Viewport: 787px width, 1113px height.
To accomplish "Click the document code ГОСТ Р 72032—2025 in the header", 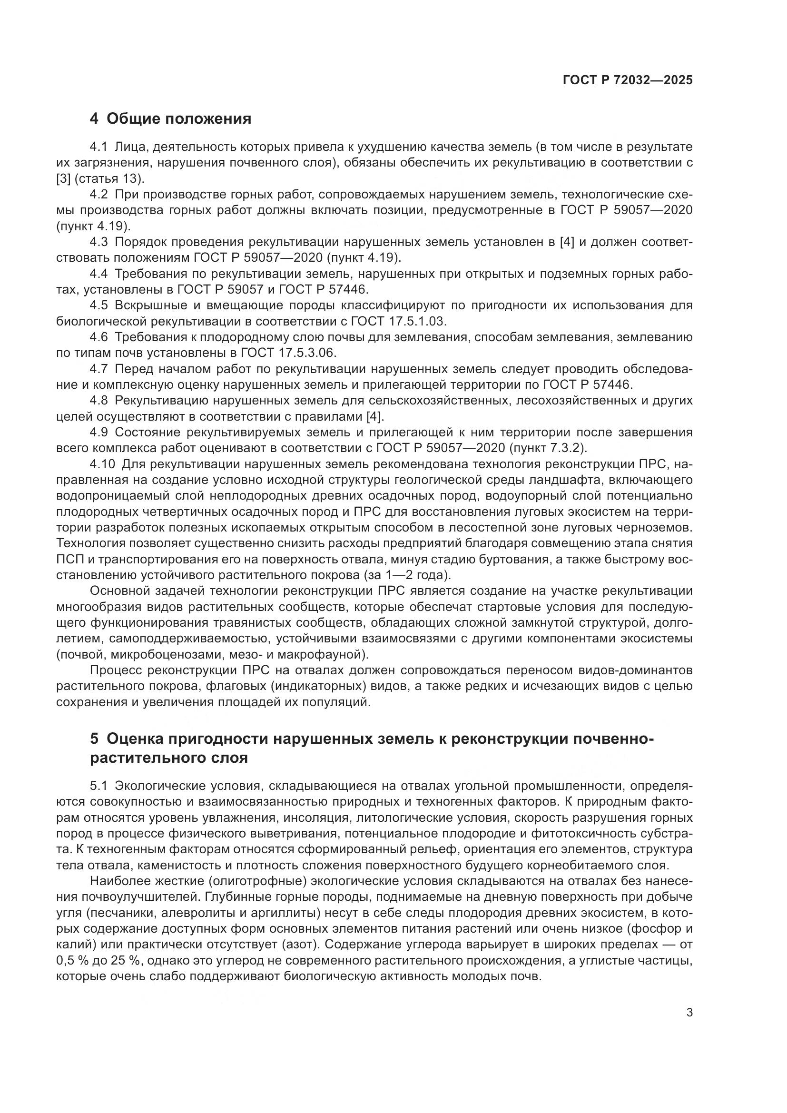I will pyautogui.click(x=628, y=80).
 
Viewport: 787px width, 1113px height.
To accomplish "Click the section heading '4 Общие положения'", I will pyautogui.click(x=171, y=119).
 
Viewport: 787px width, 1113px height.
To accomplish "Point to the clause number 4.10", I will pyautogui.click(x=102, y=464).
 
